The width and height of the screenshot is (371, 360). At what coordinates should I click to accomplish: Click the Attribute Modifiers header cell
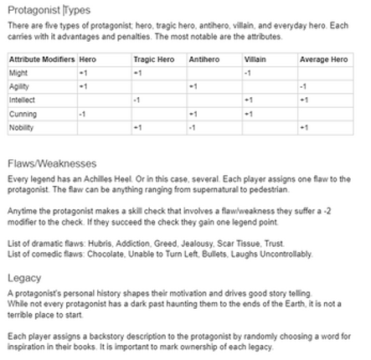pos(41,60)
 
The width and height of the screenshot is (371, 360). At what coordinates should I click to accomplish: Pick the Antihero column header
pos(204,60)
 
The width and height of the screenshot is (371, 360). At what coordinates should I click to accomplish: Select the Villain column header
pos(255,60)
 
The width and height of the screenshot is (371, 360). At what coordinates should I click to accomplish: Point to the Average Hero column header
pos(323,60)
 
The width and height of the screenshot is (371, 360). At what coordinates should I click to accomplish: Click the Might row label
pos(18,74)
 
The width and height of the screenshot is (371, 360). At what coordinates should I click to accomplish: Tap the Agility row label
pos(19,87)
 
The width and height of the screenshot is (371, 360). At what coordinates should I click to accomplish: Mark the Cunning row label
pos(23,114)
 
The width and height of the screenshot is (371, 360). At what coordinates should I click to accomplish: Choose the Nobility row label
pos(21,127)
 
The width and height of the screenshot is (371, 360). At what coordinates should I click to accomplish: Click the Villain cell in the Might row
pos(248,74)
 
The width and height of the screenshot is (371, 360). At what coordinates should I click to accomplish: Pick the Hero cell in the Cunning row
pos(82,114)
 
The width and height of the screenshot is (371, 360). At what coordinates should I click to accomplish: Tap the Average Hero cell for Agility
pos(303,87)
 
